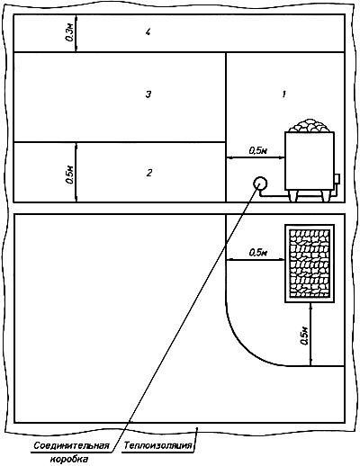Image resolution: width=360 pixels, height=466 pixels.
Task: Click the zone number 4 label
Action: [x=148, y=32]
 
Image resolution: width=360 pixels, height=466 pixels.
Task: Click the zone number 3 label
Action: [x=148, y=94]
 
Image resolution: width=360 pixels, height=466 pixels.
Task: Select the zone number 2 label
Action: [x=149, y=173]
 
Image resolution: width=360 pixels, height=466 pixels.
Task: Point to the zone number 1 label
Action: [x=283, y=94]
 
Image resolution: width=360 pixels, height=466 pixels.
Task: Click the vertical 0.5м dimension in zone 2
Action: [x=68, y=175]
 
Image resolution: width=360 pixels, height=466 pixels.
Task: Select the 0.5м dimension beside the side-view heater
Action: [x=257, y=150]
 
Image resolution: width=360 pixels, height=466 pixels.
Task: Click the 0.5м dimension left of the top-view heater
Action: [x=258, y=253]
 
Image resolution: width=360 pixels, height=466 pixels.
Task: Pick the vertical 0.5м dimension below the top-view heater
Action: [x=304, y=336]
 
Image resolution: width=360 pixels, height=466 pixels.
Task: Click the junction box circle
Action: [x=260, y=184]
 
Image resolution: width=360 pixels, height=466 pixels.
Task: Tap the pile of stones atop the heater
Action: [x=310, y=125]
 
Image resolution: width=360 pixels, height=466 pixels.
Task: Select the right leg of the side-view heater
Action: [x=326, y=195]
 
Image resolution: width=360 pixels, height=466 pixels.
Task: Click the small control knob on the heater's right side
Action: [x=337, y=179]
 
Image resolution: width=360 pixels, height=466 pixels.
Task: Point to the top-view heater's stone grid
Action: [x=310, y=264]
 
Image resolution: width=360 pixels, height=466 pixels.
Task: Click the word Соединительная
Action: [x=71, y=445]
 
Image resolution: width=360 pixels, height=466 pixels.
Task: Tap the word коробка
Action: [x=69, y=459]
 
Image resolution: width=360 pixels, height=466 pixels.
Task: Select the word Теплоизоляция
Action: [x=157, y=445]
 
